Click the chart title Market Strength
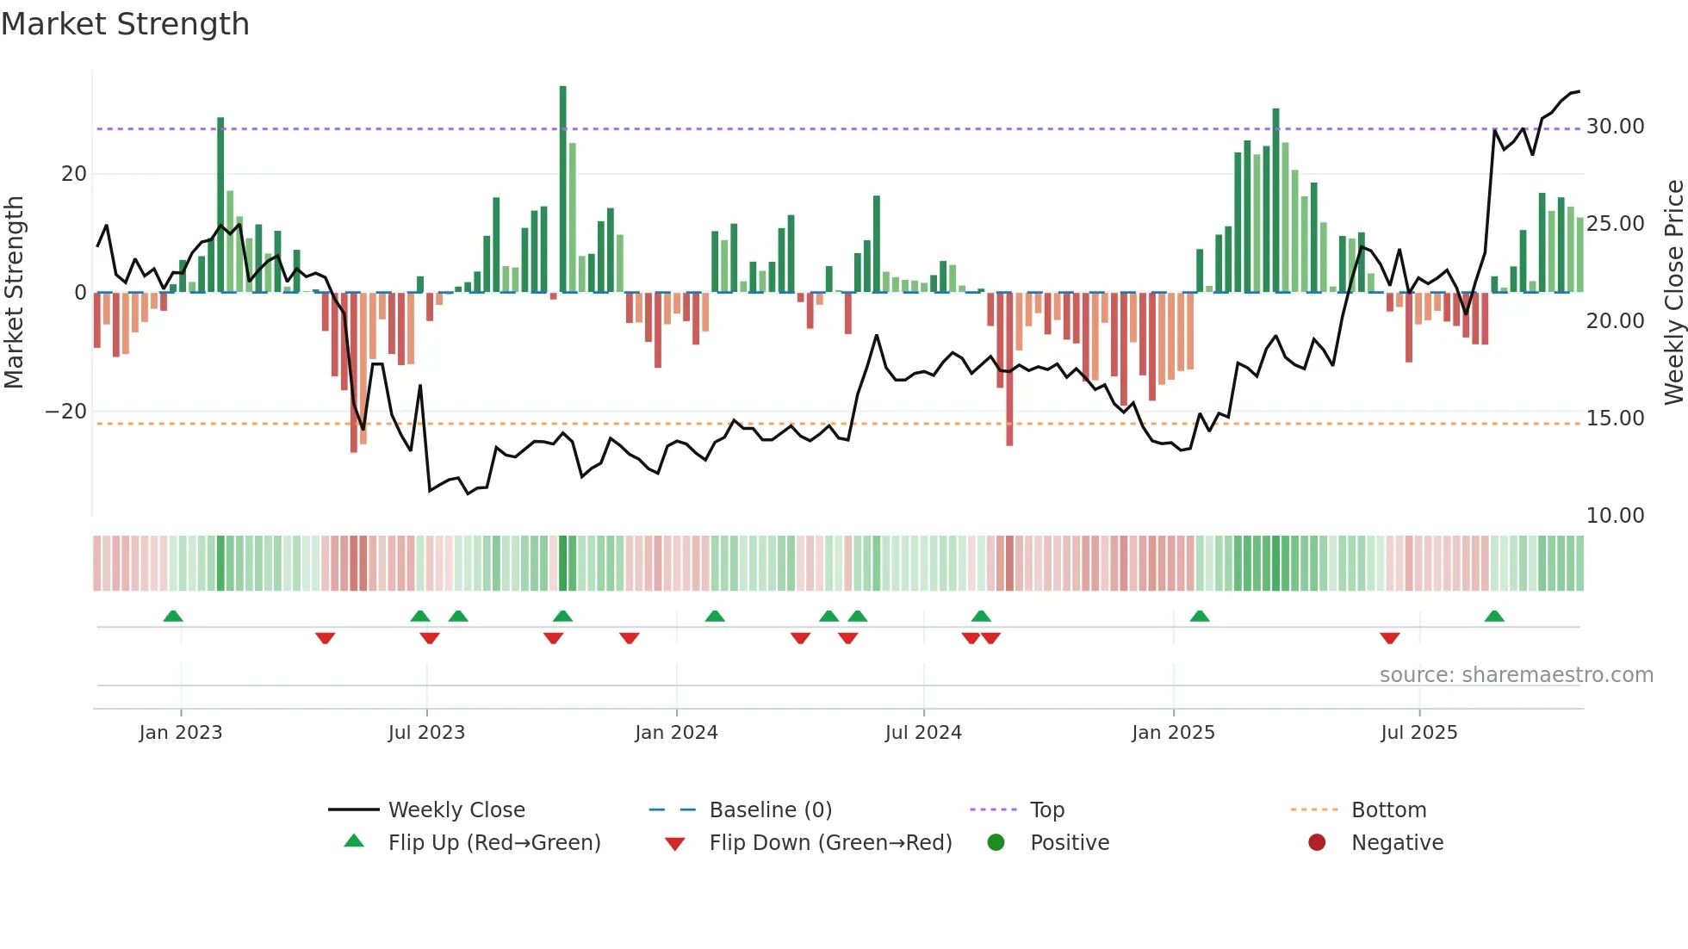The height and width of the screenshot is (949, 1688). (125, 24)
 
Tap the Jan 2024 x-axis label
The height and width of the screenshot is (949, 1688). (676, 733)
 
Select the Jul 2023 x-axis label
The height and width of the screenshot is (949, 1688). (426, 733)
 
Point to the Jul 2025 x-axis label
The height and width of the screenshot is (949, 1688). (1418, 733)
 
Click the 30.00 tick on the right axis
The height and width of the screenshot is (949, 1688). (1615, 127)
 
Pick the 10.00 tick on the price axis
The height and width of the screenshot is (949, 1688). (1615, 516)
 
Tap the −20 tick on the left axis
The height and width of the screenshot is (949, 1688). (66, 412)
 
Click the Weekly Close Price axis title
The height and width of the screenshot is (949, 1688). (1673, 293)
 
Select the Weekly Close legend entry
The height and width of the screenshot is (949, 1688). (456, 810)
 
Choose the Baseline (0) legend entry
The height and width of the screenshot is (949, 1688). (770, 810)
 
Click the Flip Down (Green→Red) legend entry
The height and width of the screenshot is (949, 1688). (830, 843)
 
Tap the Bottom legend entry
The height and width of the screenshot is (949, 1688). (1388, 810)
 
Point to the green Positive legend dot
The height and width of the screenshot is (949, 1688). (996, 843)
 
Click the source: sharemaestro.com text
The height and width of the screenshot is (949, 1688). (1516, 675)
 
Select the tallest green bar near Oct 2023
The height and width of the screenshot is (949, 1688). (563, 189)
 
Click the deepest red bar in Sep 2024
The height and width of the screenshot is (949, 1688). (1009, 370)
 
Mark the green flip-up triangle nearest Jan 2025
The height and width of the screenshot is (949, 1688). (1200, 616)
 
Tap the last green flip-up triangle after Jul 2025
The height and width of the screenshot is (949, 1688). (1494, 616)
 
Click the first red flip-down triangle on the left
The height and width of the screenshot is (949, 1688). (325, 638)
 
